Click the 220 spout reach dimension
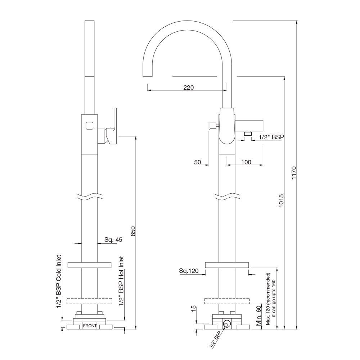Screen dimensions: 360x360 pos(189,87)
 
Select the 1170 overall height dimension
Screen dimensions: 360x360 pos(294,173)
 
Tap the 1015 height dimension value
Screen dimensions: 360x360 pos(281,201)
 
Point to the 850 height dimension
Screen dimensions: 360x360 pos(133,231)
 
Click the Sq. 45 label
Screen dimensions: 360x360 pos(113,240)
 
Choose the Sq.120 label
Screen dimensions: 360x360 pos(189,271)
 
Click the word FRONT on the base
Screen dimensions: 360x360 pos(90,326)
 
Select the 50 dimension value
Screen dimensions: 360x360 pos(197,162)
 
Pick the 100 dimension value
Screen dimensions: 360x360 pos(246,162)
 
